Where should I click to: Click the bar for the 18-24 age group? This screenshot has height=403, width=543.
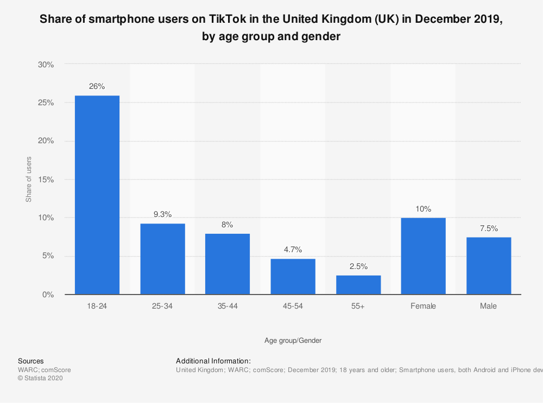point(97,195)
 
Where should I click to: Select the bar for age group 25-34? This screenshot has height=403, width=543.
point(162,259)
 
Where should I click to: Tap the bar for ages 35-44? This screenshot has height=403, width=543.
point(228,264)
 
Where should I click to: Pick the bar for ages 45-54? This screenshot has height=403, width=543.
point(293,277)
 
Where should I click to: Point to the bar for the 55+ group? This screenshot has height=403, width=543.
point(358,285)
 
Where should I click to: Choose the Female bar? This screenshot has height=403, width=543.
point(424,256)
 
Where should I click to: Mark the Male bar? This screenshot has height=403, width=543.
point(489,266)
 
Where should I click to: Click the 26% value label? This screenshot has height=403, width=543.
point(97,86)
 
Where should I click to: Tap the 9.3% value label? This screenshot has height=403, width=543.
point(162,214)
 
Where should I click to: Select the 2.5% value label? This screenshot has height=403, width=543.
point(358,266)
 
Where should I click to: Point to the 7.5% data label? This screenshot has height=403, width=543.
point(489,228)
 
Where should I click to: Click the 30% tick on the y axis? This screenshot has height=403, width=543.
point(46,65)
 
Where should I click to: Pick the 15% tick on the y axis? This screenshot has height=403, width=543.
point(46,180)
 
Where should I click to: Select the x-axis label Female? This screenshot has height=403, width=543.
point(424,306)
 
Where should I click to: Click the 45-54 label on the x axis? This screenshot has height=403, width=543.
point(293,306)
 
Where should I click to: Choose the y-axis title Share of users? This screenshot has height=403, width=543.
point(29,180)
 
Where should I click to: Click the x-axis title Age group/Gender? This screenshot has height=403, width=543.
point(293,341)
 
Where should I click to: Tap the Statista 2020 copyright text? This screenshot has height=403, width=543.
point(41,379)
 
